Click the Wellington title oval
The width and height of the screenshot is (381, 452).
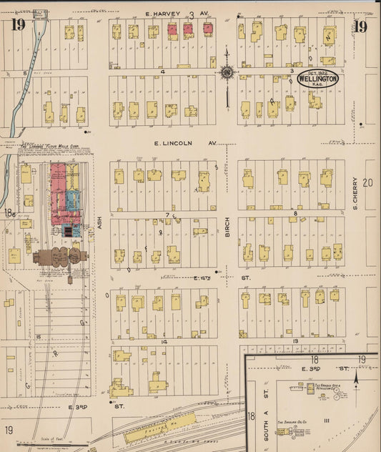click(x=322, y=78)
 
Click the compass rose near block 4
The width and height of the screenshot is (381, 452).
click(x=227, y=72)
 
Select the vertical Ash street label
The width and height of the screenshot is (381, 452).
click(x=101, y=223)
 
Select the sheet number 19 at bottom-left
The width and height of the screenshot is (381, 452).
click(x=8, y=430)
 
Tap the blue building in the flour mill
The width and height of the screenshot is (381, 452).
click(x=72, y=200)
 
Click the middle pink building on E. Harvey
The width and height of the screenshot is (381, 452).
click(x=188, y=29)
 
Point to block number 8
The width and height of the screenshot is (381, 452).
click(x=295, y=213)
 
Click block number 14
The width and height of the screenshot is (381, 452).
click(x=164, y=343)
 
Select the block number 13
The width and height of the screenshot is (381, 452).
click(x=295, y=342)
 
